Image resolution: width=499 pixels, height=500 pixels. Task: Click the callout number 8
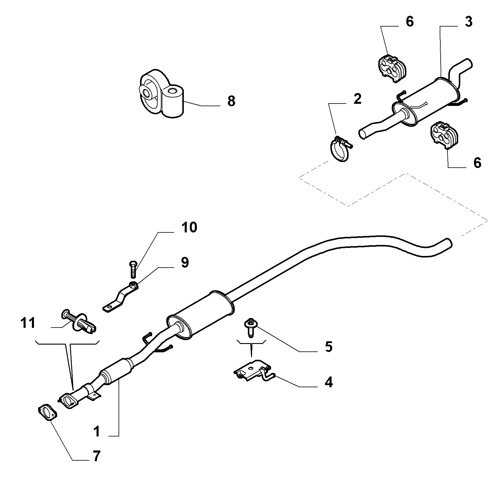click(231, 101)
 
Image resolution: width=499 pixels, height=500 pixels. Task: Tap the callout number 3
click(469, 22)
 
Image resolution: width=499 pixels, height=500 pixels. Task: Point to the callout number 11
click(28, 323)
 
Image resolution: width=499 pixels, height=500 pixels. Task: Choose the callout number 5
click(329, 347)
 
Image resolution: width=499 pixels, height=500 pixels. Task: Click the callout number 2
click(357, 99)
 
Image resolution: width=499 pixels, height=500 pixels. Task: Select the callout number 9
click(184, 262)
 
